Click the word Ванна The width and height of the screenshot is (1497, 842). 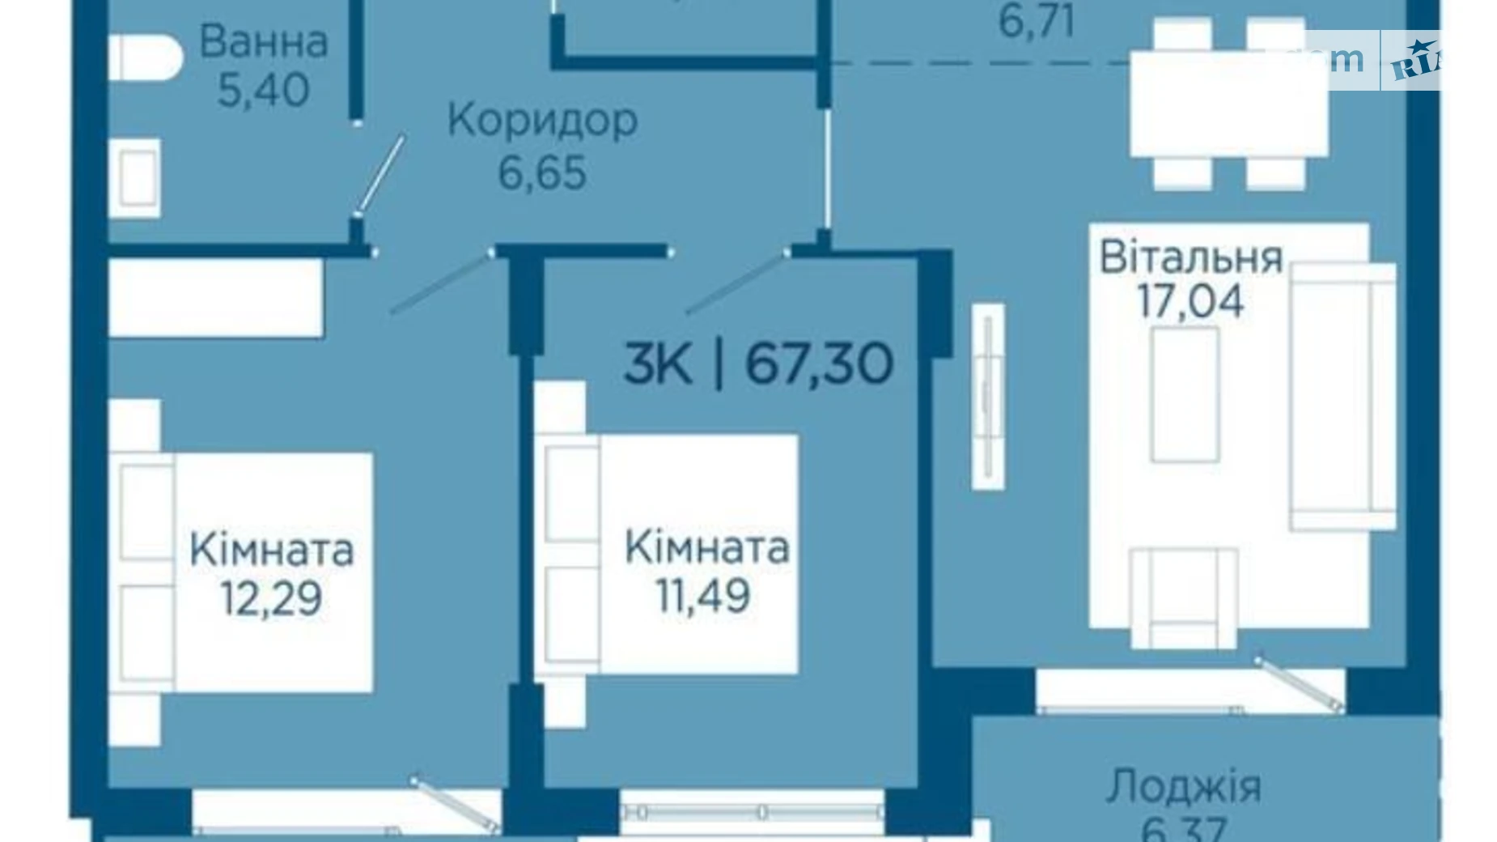264,42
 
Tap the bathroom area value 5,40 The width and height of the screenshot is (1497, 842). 264,89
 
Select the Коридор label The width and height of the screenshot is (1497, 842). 542,121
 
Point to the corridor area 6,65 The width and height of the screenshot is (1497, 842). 542,172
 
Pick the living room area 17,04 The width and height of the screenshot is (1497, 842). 1190,302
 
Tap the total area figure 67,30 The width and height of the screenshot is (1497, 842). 819,364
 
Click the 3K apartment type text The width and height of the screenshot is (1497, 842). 658,364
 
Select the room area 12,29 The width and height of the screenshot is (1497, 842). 271,598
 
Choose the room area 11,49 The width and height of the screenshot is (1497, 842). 702,597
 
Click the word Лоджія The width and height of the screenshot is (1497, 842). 1183,786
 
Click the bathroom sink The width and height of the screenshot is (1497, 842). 138,178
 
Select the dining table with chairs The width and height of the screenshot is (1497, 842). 1228,104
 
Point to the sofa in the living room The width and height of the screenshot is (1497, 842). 1342,397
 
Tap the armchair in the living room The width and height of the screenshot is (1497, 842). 1184,597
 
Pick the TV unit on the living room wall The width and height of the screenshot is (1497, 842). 987,396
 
